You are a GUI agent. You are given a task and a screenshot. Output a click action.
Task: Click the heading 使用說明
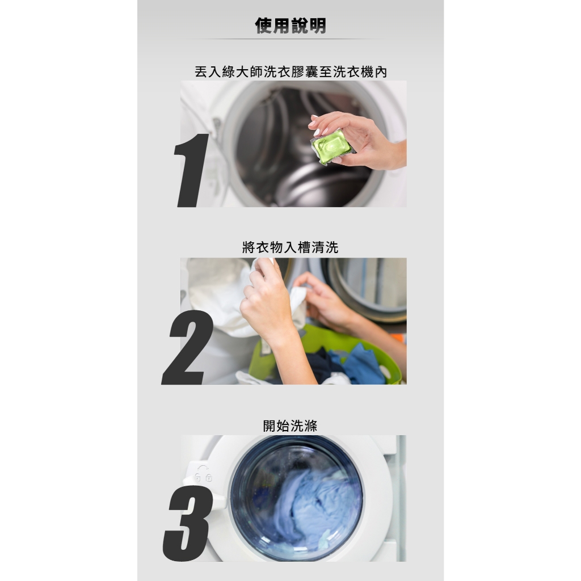[x=290, y=26]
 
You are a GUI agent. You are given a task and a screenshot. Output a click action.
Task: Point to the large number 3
[x=188, y=524]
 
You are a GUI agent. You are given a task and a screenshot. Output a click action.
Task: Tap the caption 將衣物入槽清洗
[x=290, y=247]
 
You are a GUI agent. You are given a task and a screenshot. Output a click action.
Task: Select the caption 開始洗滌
[x=290, y=426]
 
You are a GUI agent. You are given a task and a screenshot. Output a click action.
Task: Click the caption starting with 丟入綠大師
[x=291, y=72]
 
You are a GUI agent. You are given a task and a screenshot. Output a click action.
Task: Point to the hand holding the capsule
[x=357, y=139]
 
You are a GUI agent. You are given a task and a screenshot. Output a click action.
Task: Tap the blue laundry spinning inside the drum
[x=315, y=508]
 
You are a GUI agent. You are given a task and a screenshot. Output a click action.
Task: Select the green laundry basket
[x=326, y=356]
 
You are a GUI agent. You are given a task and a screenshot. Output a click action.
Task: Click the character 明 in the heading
[x=318, y=26]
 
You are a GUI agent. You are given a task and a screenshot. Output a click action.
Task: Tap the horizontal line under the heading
[x=290, y=39]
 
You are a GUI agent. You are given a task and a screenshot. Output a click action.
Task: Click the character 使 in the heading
[x=264, y=26]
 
